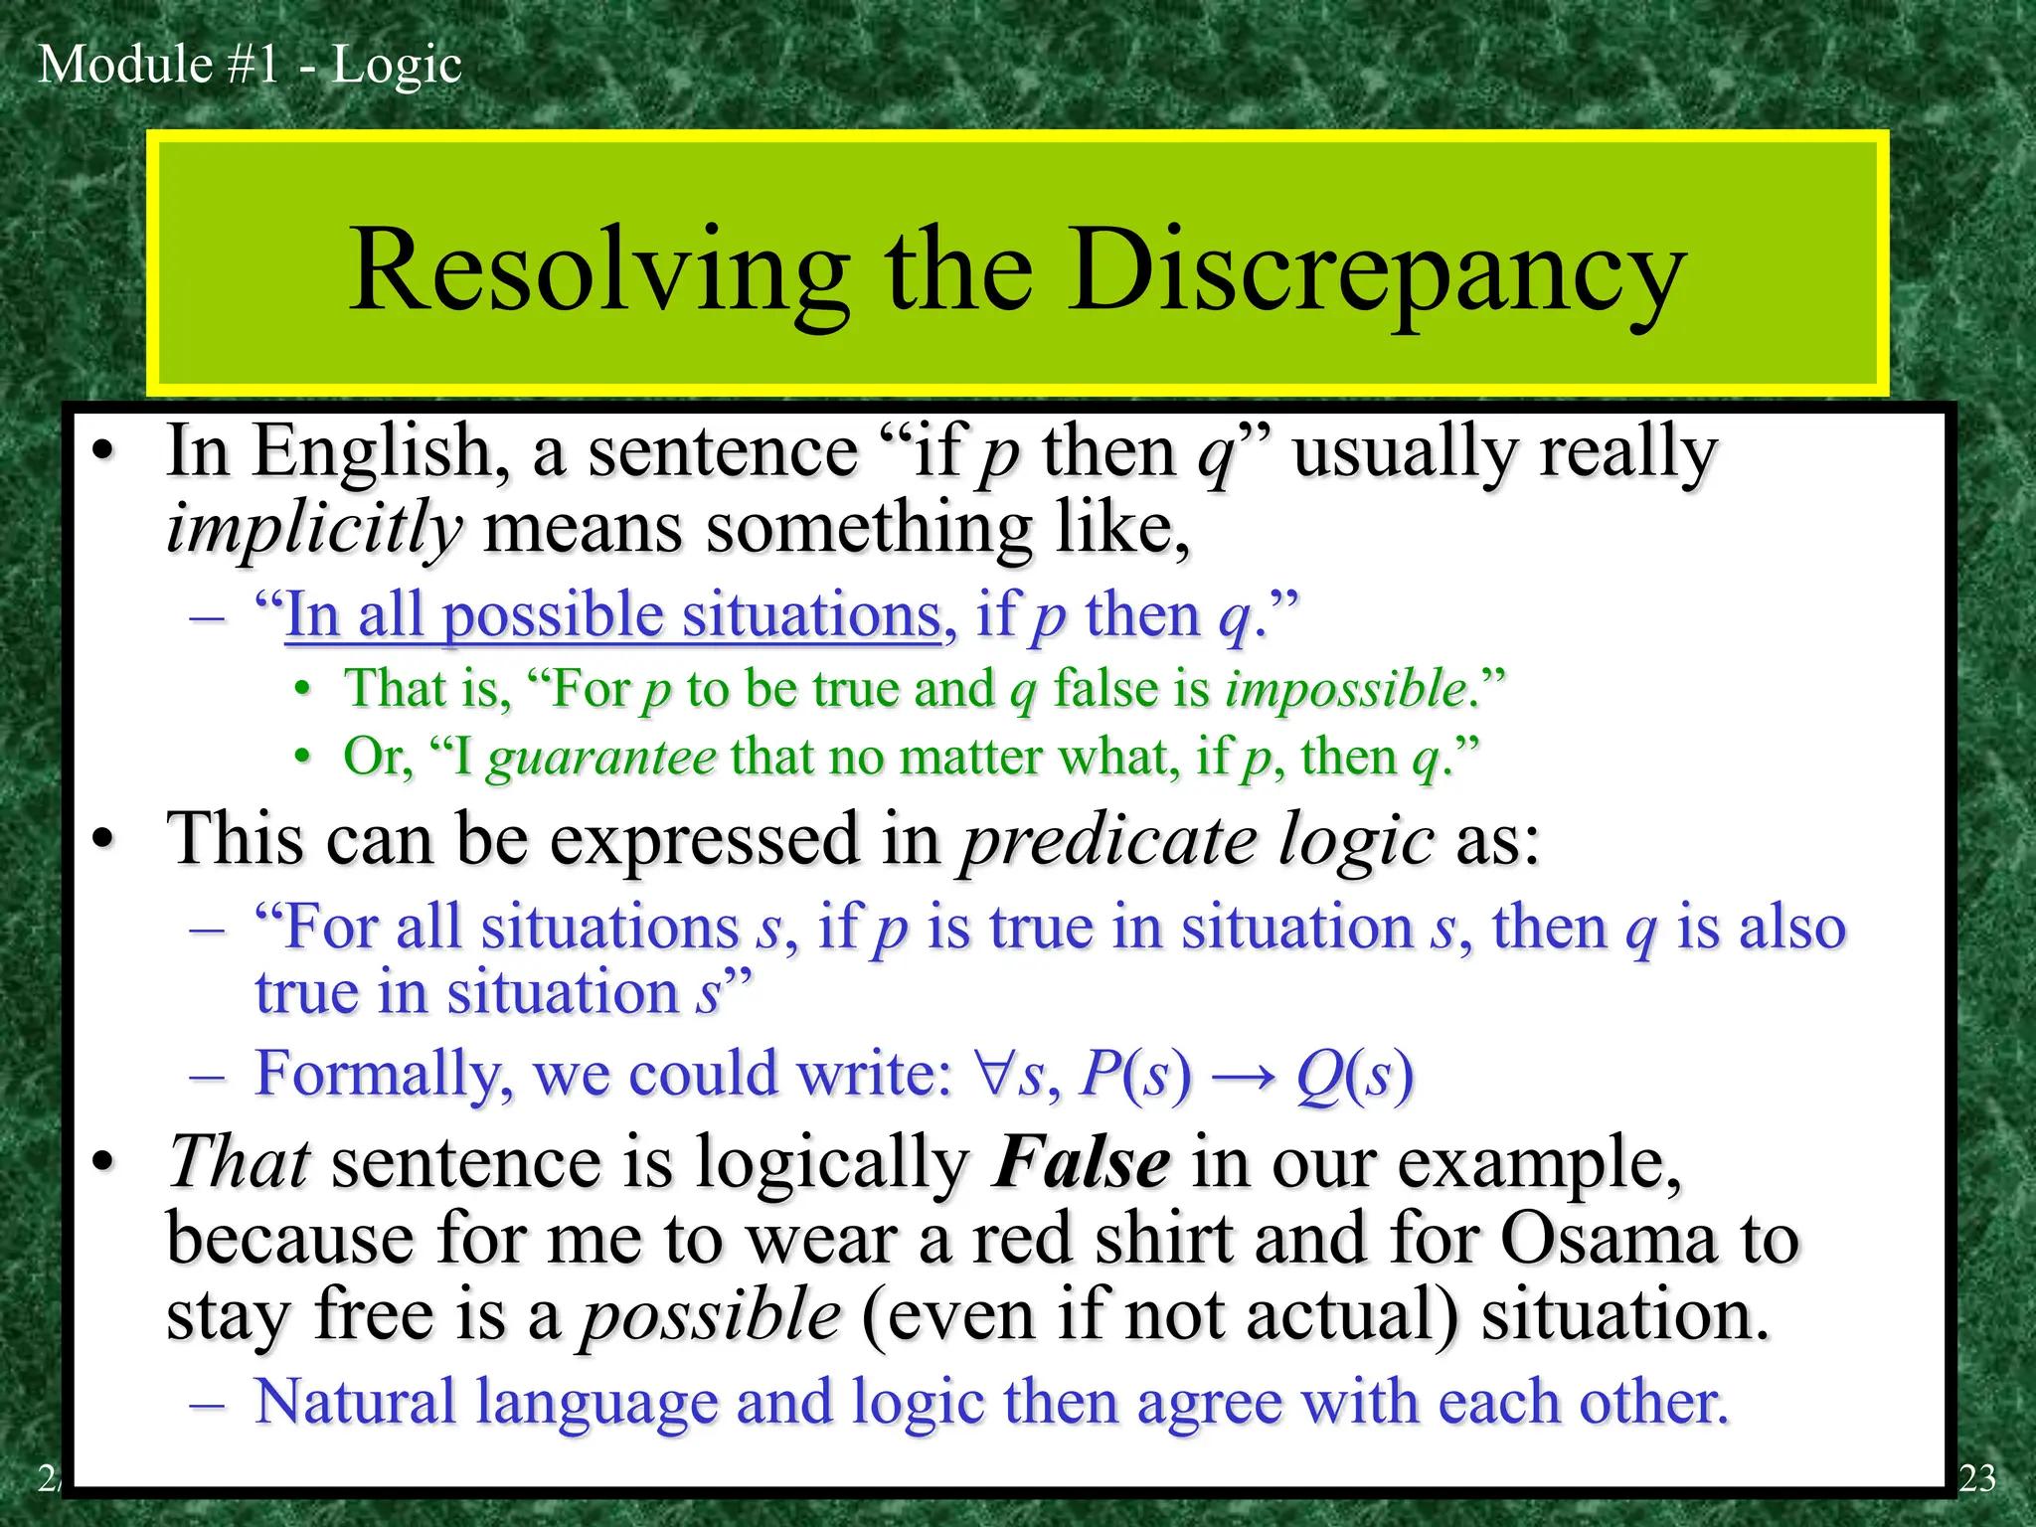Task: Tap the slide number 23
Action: point(1976,1478)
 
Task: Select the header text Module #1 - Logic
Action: point(250,65)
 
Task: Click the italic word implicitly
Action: point(314,528)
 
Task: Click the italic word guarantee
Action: point(601,758)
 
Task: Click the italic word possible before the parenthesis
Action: point(712,1316)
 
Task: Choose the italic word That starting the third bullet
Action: point(239,1161)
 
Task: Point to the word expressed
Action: point(705,840)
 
